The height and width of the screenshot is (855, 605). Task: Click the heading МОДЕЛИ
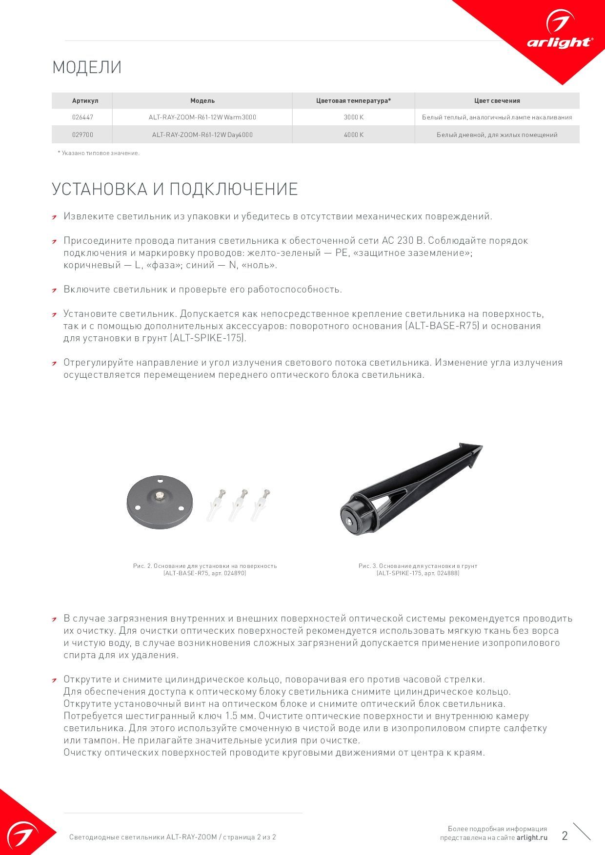(x=87, y=67)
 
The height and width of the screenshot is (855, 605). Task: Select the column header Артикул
(x=85, y=101)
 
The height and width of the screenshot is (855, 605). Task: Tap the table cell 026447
(x=82, y=117)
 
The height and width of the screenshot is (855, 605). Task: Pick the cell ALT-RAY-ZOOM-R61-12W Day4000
(x=202, y=135)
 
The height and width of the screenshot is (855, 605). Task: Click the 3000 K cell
(x=354, y=117)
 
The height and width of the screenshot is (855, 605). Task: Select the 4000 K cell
(x=354, y=135)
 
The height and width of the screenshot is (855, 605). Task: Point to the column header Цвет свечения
(x=497, y=101)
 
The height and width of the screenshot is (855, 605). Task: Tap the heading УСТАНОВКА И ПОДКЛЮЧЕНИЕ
(x=175, y=189)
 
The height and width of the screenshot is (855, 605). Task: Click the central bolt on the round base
(x=160, y=497)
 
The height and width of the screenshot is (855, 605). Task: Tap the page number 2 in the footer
(x=565, y=836)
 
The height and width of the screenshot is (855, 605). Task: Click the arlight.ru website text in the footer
(x=532, y=837)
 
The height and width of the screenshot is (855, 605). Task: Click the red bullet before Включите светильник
(x=55, y=291)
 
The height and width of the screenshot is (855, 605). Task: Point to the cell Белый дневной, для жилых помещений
(x=497, y=135)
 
